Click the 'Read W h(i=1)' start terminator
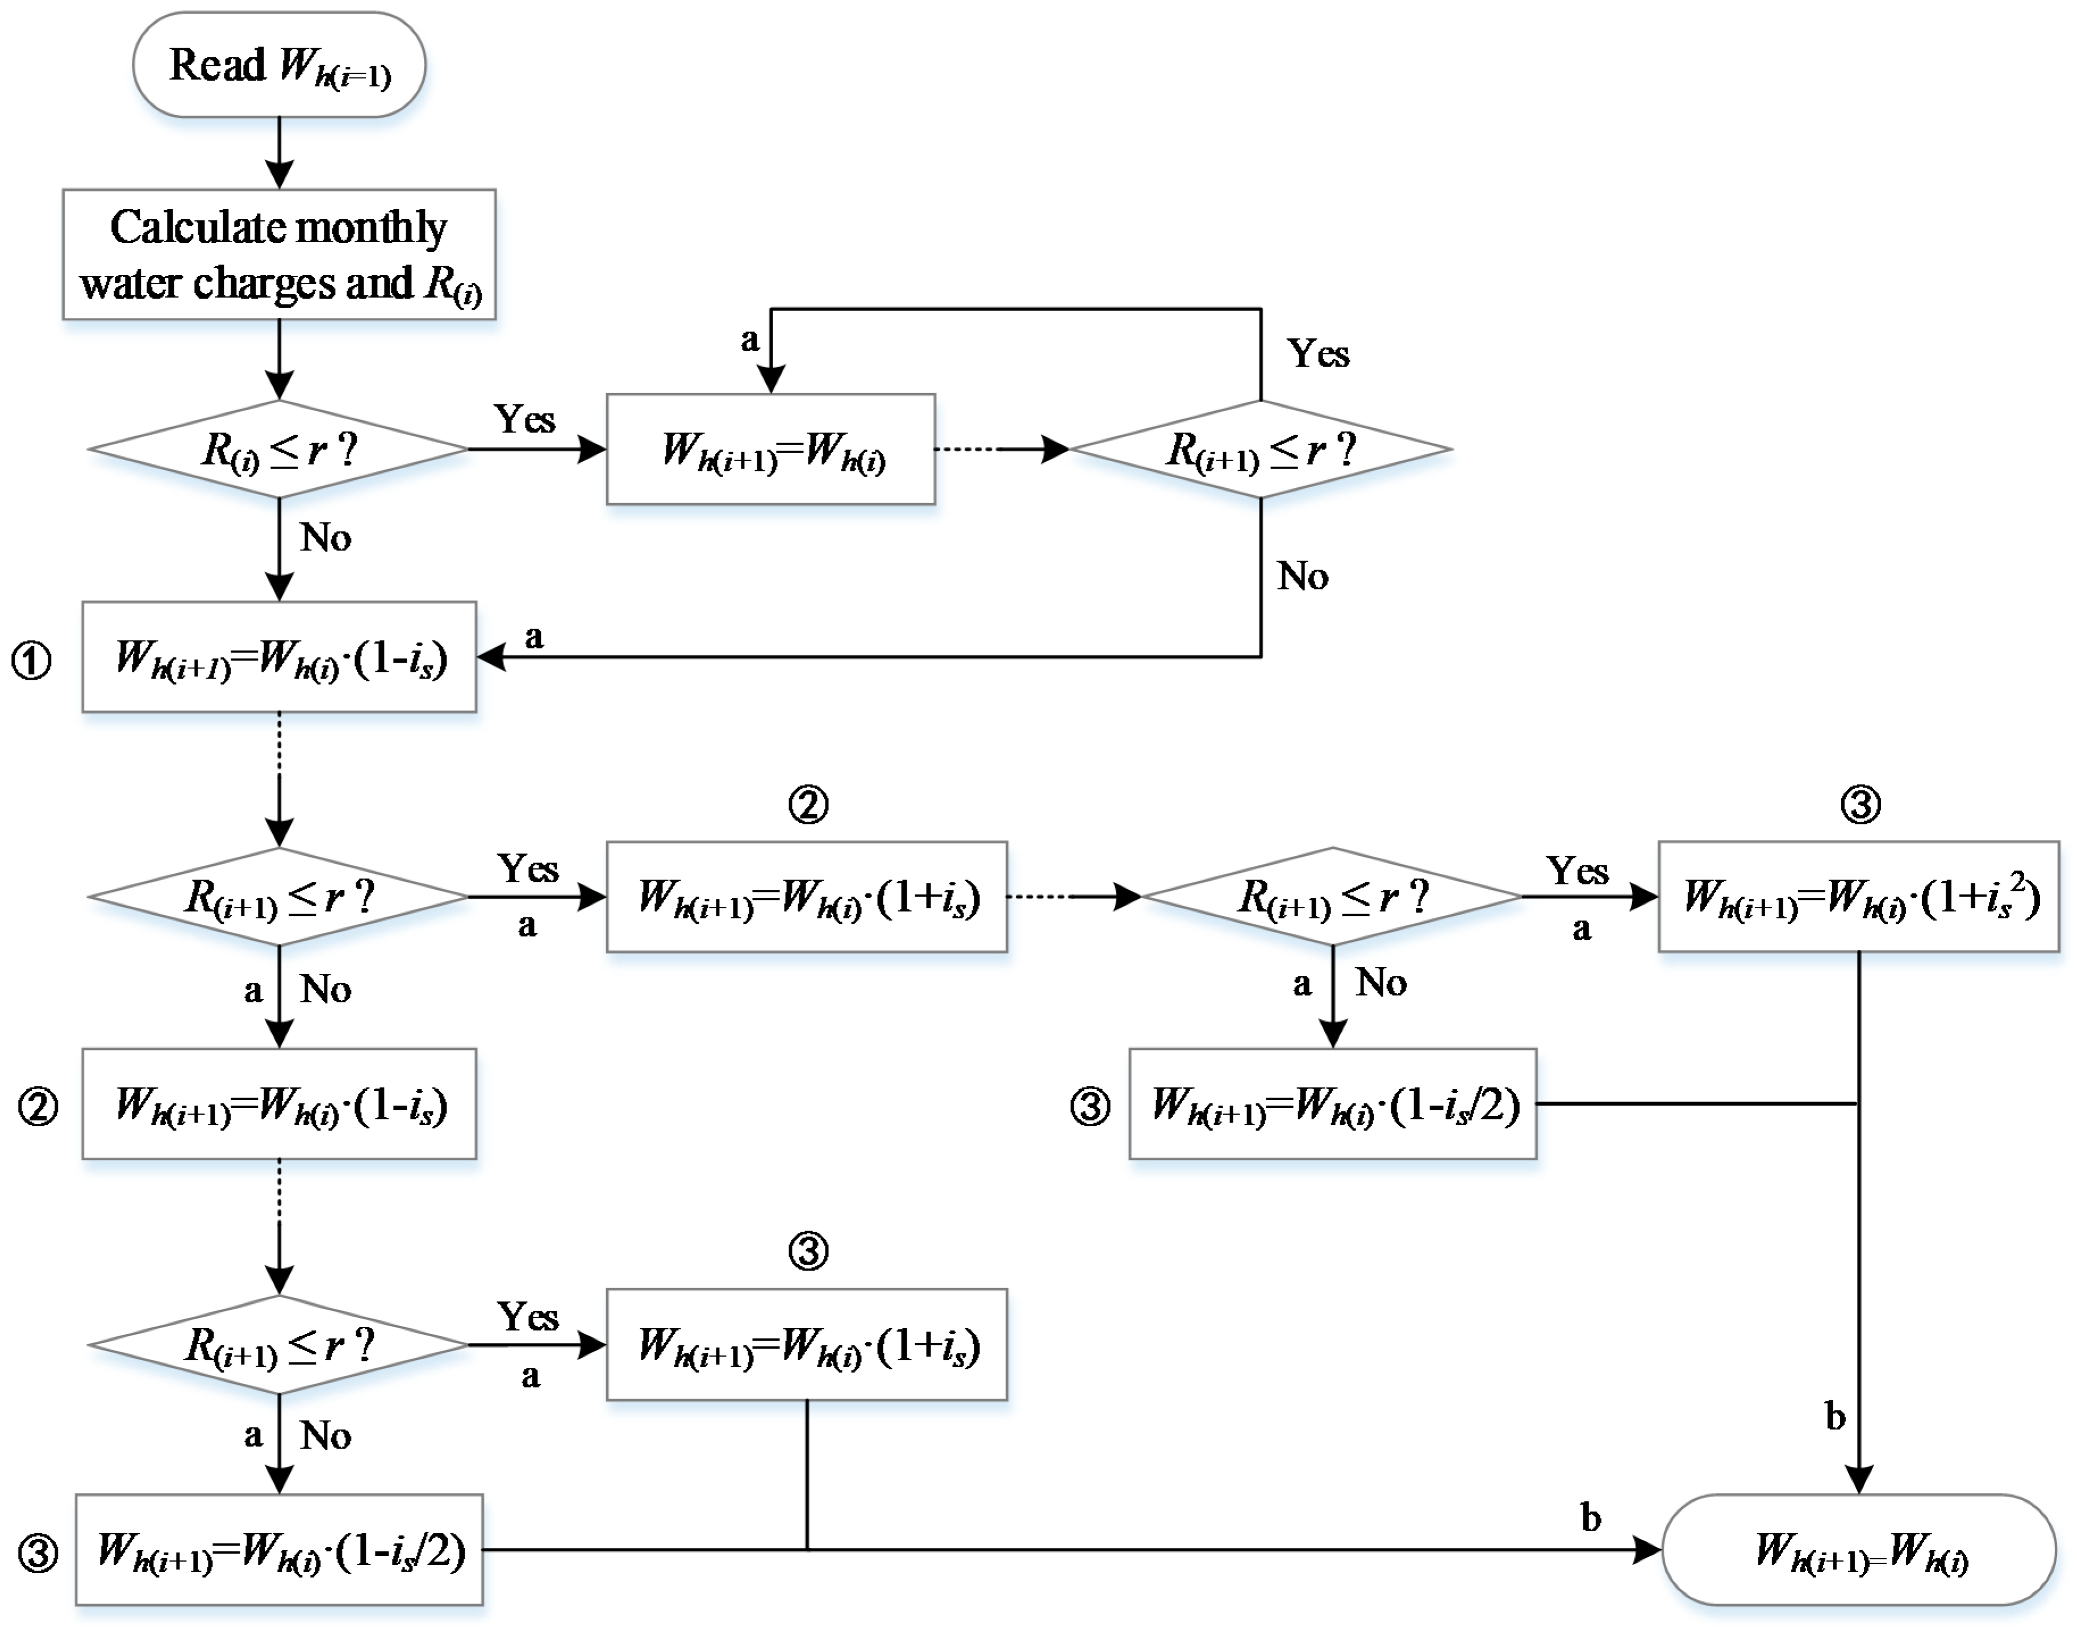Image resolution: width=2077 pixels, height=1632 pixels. [x=279, y=65]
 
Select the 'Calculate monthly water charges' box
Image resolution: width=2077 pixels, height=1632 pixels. [x=279, y=254]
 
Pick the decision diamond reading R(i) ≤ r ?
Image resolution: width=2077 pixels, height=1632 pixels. [x=279, y=449]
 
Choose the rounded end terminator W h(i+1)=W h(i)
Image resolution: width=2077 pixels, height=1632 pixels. [x=1859, y=1550]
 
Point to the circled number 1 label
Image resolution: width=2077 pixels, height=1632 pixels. [x=32, y=660]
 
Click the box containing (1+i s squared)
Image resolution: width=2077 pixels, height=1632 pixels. [x=1859, y=896]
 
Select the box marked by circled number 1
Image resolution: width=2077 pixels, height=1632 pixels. [x=279, y=658]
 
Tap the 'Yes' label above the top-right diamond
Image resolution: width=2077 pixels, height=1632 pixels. [x=1318, y=354]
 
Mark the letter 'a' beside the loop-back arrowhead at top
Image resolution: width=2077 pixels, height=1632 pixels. [x=750, y=339]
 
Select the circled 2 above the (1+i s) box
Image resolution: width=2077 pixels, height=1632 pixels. [x=808, y=805]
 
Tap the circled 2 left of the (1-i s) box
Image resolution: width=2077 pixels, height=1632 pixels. [x=38, y=1107]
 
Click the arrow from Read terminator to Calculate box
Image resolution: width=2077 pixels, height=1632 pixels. [x=279, y=153]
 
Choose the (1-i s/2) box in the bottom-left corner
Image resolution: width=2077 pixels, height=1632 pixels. [x=279, y=1550]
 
